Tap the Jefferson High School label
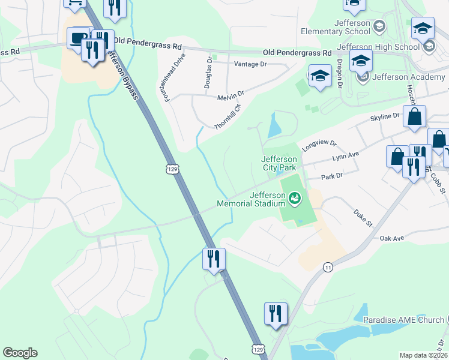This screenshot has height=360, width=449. [378, 47]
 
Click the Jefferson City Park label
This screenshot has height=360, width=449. [279, 163]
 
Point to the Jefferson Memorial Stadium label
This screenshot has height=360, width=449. [250, 199]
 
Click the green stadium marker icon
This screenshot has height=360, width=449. [295, 197]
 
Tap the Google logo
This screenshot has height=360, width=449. [20, 353]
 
